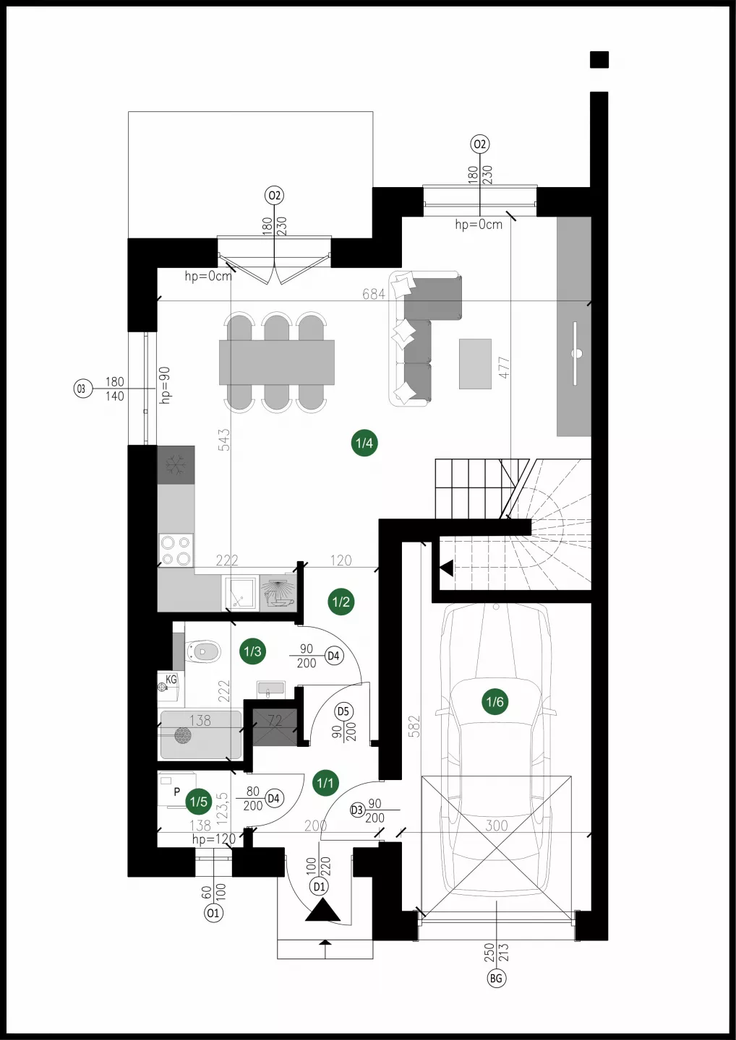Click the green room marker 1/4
[x=364, y=443]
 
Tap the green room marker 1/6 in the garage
[x=495, y=701]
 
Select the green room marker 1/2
[x=341, y=602]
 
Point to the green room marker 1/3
[x=253, y=651]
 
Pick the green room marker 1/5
[x=198, y=802]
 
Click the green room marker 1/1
[x=325, y=782]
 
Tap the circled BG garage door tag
[x=496, y=979]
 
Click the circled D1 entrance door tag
[x=320, y=887]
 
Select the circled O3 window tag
[x=82, y=388]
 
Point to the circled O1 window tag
[x=213, y=913]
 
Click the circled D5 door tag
[x=343, y=711]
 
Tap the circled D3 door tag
[x=357, y=810]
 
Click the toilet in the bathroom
[x=202, y=652]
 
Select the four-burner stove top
[x=176, y=550]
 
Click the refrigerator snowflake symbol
[x=176, y=464]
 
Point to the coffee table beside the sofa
[x=475, y=363]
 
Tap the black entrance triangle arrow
[x=323, y=909]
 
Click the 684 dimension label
[x=374, y=294]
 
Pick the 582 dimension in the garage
[x=414, y=726]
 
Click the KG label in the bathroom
[x=171, y=679]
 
